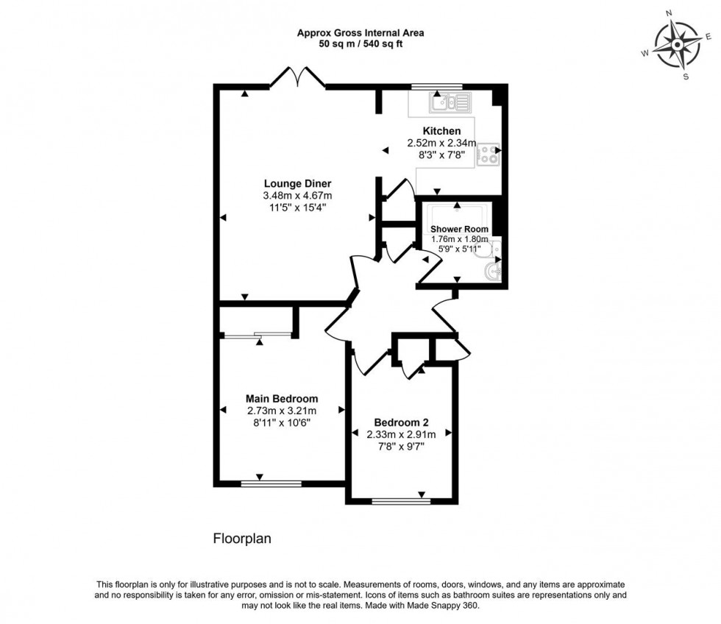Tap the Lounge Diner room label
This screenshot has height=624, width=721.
point(297,183)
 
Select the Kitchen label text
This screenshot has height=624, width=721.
point(441,131)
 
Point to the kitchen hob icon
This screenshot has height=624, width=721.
point(488,154)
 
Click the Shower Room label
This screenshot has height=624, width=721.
point(459,229)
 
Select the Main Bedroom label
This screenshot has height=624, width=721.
point(282,399)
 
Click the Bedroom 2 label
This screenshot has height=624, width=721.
point(401,422)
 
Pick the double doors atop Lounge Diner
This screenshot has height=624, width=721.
point(298,77)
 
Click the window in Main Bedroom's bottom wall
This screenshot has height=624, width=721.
point(271,483)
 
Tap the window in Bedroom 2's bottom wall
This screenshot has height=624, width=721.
point(401,502)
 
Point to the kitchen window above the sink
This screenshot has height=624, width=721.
point(432,87)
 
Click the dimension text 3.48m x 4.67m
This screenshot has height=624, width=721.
point(297,196)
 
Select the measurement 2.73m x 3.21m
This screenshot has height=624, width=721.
point(282,411)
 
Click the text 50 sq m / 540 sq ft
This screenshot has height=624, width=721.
point(360,44)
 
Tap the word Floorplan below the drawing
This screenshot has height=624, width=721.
point(242,539)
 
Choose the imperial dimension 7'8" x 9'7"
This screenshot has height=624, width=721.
point(401,446)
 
